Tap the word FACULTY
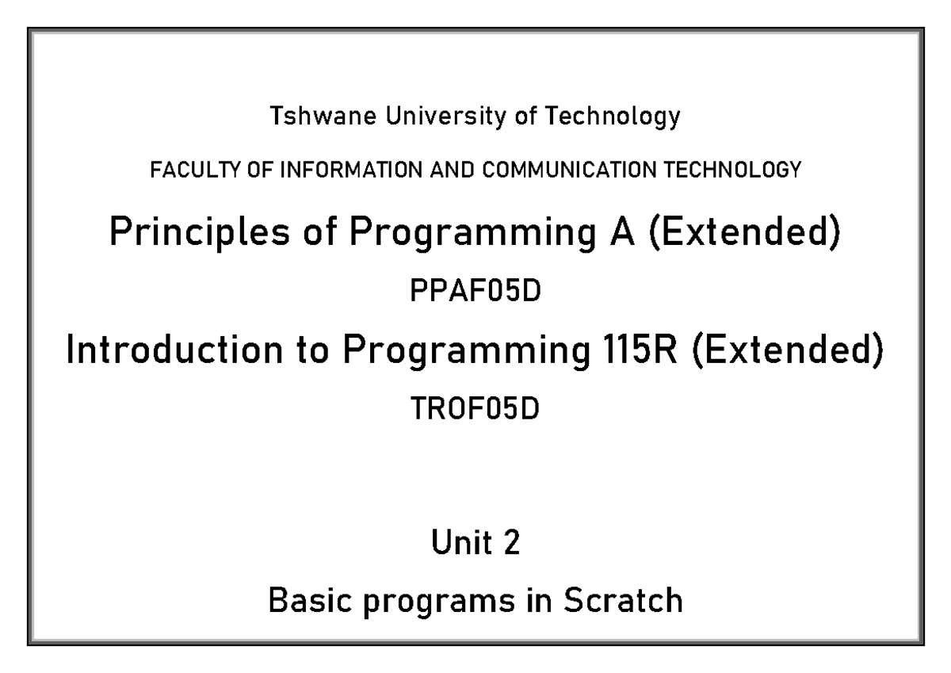tap(184, 169)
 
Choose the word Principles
tap(190, 235)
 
